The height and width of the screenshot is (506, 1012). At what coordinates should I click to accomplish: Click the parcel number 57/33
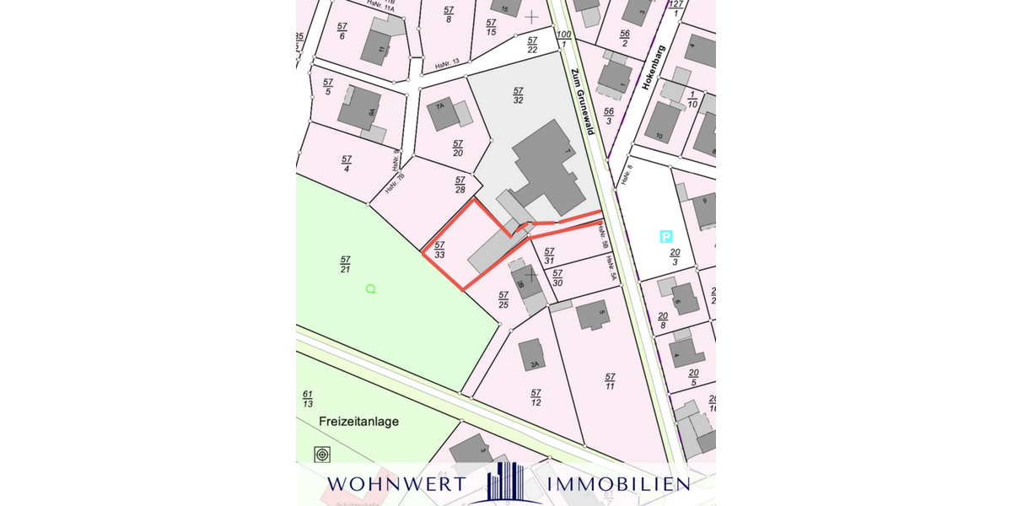click(x=439, y=249)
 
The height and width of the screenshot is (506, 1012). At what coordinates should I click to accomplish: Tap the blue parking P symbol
click(x=665, y=237)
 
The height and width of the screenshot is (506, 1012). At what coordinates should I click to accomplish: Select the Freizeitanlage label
click(x=358, y=421)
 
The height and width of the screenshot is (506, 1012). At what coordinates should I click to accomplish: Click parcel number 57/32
click(x=518, y=94)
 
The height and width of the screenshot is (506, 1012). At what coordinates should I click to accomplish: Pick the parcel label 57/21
click(x=345, y=264)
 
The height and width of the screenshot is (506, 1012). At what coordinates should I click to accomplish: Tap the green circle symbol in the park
click(x=370, y=289)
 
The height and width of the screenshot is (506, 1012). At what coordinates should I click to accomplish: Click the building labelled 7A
click(x=444, y=114)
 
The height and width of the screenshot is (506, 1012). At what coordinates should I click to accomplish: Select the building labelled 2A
click(x=532, y=355)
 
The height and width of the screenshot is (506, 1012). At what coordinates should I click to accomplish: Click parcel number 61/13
click(x=307, y=399)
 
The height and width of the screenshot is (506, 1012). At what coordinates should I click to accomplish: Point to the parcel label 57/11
click(x=610, y=381)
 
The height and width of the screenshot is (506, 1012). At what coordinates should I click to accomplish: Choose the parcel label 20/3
click(x=675, y=257)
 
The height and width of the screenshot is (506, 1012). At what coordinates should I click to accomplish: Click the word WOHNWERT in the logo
click(x=396, y=484)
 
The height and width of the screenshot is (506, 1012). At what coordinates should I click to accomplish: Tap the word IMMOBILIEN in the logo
click(x=618, y=484)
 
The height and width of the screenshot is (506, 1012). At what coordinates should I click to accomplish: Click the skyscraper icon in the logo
click(x=506, y=482)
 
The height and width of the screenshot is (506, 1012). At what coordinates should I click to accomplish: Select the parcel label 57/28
click(x=460, y=185)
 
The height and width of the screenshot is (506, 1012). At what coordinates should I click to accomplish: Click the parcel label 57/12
click(x=535, y=397)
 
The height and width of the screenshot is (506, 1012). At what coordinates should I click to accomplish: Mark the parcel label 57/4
click(x=347, y=164)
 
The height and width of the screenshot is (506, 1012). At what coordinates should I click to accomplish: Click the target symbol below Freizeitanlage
click(x=321, y=455)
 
